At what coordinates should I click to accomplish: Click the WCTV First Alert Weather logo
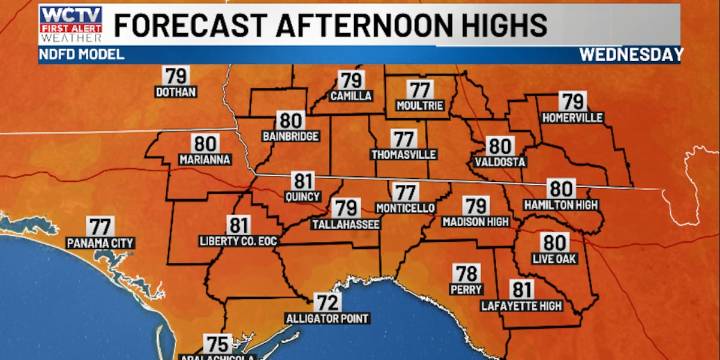[70, 23]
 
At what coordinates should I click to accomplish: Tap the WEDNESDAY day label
[631, 55]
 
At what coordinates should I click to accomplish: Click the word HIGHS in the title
[493, 24]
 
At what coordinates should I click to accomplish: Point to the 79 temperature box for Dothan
[176, 76]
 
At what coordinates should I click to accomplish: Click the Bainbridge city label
[290, 134]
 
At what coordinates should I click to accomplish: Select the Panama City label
[100, 243]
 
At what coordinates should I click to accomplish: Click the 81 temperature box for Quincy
[302, 181]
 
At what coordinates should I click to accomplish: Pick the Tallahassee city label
[346, 224]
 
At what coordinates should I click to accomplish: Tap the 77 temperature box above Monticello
[404, 192]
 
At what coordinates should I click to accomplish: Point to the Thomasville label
[404, 155]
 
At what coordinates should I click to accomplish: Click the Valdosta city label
[500, 160]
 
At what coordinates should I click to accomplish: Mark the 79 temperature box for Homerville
[572, 101]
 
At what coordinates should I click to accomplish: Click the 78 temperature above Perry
[466, 273]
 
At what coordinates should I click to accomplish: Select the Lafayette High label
[522, 305]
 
